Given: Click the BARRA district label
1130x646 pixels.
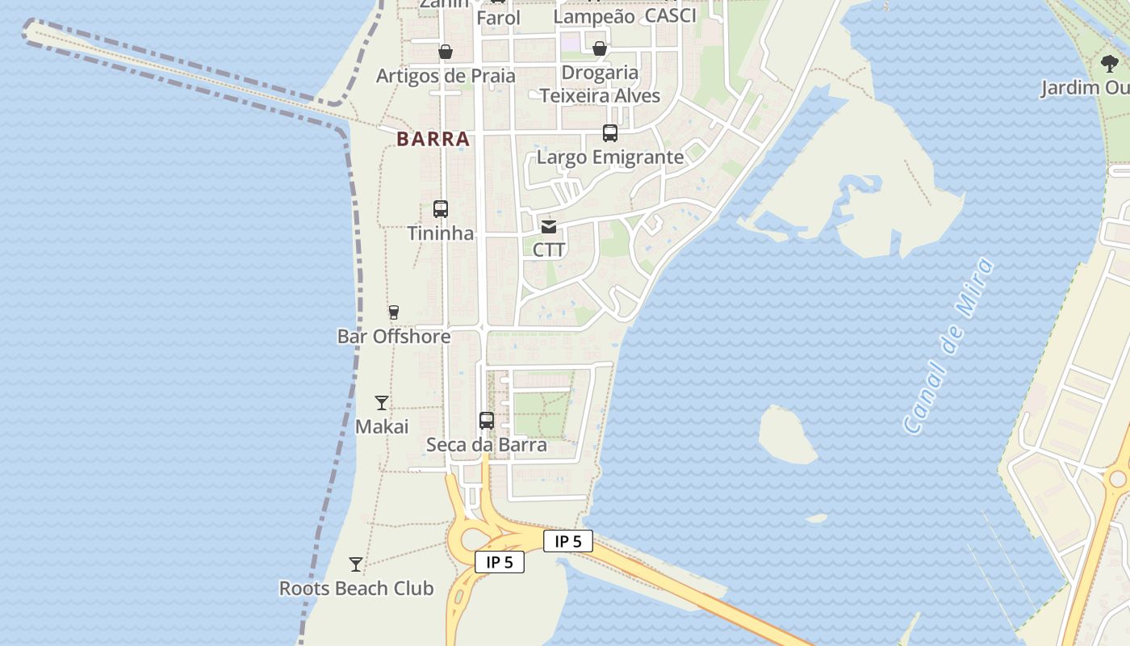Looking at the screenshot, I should click(433, 139).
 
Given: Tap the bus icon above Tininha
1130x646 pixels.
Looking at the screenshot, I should click(441, 209).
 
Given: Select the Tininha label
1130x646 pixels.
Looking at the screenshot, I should click(441, 233).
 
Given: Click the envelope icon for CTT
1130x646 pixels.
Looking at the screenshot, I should click(549, 227).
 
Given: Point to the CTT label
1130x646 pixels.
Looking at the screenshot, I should click(549, 250).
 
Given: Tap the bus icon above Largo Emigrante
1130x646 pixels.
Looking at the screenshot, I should click(610, 133).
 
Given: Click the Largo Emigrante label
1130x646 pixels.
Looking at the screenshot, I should click(610, 157).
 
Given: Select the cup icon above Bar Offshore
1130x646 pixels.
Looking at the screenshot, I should click(394, 313).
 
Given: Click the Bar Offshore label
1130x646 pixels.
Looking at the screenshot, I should click(394, 336).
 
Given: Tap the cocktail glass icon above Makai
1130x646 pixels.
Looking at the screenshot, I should click(382, 403).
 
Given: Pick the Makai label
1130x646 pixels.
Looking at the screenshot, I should click(382, 426).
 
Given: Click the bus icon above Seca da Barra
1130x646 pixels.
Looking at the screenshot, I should click(487, 421).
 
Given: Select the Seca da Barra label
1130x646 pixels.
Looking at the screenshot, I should click(487, 445).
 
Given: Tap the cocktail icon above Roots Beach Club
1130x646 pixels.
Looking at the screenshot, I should click(356, 564).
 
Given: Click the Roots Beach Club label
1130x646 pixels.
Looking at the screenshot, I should click(356, 588).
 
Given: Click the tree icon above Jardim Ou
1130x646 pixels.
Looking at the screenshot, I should click(1110, 64).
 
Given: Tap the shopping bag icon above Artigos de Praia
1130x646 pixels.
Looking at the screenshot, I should click(446, 52).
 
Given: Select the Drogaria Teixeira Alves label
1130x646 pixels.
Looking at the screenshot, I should click(600, 84).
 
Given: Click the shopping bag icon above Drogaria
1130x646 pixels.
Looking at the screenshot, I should click(600, 49).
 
